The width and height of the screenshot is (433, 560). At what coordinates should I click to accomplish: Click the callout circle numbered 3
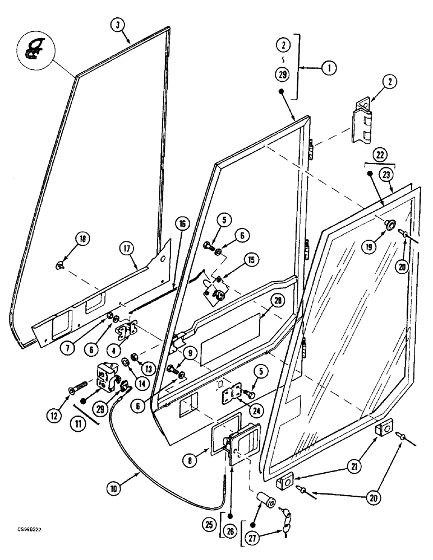click(118, 25)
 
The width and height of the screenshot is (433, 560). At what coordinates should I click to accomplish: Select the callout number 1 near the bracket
click(328, 68)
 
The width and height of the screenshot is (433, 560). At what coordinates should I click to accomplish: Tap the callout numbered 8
click(191, 460)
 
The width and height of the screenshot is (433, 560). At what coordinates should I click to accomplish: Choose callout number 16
click(182, 223)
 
